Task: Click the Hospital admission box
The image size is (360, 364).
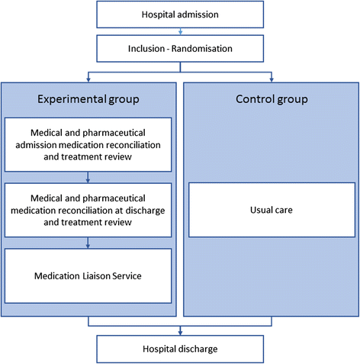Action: [x=179, y=15]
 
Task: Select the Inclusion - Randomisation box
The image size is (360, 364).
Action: [x=179, y=49]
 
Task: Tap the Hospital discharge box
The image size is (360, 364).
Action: [x=179, y=349]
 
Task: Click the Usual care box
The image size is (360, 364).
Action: [x=271, y=209]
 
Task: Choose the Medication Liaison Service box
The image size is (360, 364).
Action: [x=89, y=275]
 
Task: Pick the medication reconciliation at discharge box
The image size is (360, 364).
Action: [x=89, y=208]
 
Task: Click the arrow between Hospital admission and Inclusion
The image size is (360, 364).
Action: [x=180, y=32]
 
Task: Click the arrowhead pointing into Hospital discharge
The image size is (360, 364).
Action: [x=180, y=332]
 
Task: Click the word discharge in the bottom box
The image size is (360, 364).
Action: [x=199, y=349]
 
